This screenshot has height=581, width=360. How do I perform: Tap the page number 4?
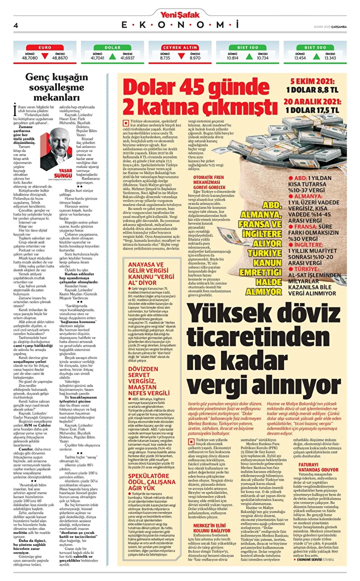[16, 25]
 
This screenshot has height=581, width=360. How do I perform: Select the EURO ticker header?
[45, 47]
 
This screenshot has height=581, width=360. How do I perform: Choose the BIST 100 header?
[247, 47]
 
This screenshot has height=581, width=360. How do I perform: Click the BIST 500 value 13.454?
[299, 57]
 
